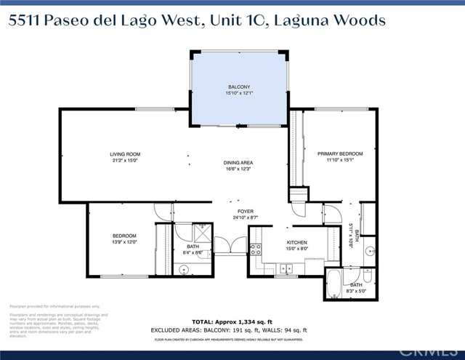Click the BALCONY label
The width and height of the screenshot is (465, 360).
(x=239, y=87)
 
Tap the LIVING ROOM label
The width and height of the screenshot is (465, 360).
(x=125, y=154)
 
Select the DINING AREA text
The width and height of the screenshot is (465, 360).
(x=238, y=163)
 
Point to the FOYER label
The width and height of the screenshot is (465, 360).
(x=243, y=211)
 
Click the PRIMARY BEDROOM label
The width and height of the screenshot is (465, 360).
(x=340, y=154)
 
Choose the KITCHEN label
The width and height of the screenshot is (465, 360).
(x=275, y=242)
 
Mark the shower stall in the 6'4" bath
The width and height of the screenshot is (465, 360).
(x=200, y=233)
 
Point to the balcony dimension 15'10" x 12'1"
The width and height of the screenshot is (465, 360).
(x=239, y=93)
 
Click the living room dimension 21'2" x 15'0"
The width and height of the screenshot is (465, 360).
(x=125, y=161)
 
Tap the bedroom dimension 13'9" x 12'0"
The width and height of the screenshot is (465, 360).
(x=124, y=242)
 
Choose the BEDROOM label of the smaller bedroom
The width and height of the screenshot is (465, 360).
(x=124, y=236)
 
